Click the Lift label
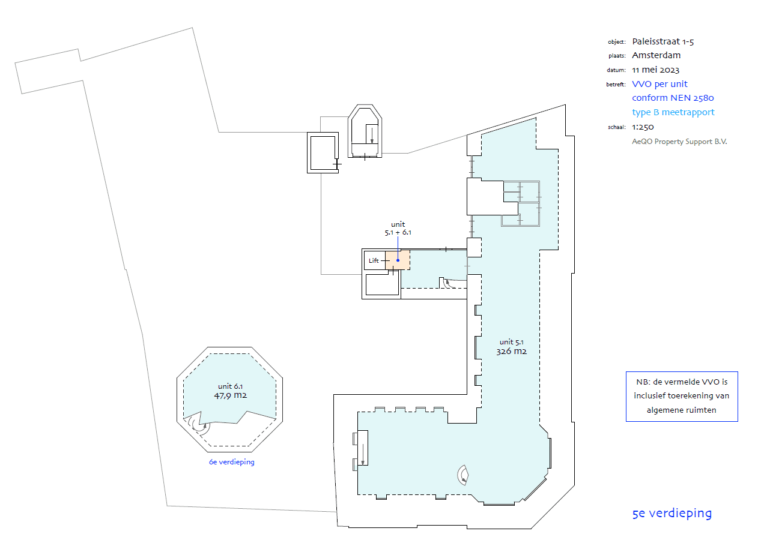click(x=374, y=260)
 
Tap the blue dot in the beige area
click(x=398, y=260)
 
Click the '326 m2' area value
click(x=511, y=351)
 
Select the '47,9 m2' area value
click(x=230, y=395)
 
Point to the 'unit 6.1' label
click(x=230, y=386)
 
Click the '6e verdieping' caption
click(x=232, y=462)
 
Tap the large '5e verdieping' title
click(x=672, y=514)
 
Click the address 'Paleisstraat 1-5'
click(x=663, y=41)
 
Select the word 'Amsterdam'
click(x=656, y=55)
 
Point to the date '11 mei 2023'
click(x=655, y=70)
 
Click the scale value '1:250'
click(x=643, y=127)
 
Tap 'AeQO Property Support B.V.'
click(x=679, y=142)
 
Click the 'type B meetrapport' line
click(x=673, y=112)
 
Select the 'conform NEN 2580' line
click(x=673, y=98)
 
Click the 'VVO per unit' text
click(x=659, y=84)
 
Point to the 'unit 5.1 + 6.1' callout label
click(x=398, y=229)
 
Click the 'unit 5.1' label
click(x=511, y=342)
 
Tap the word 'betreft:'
click(x=616, y=85)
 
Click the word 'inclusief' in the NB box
click(x=649, y=396)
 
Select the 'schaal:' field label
click(x=617, y=127)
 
